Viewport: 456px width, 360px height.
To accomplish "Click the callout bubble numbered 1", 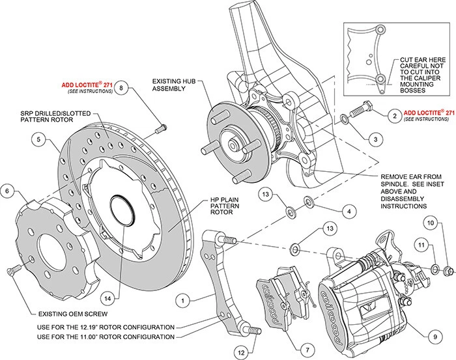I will tap(185, 300).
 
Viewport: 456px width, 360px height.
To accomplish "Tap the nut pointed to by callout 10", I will tap(448, 270).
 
